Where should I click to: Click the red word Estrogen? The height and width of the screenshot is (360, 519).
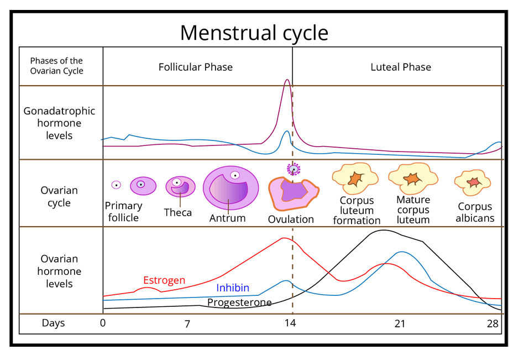pyautogui.click(x=164, y=280)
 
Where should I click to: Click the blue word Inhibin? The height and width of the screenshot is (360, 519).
pyautogui.click(x=233, y=288)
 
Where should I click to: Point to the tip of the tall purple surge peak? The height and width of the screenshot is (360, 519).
pyautogui.click(x=287, y=80)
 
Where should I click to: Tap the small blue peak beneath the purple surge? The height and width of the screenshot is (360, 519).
pyautogui.click(x=286, y=131)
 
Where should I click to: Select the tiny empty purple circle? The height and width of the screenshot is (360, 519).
pyautogui.click(x=116, y=185)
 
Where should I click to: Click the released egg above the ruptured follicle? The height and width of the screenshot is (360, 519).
pyautogui.click(x=293, y=169)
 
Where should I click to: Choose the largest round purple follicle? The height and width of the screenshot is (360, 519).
pyautogui.click(x=231, y=187)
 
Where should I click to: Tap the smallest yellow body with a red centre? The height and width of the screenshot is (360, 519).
pyautogui.click(x=473, y=182)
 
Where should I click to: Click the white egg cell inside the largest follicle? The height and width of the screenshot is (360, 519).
pyautogui.click(x=235, y=175)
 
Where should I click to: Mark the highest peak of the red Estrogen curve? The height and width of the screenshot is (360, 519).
pyautogui.click(x=284, y=238)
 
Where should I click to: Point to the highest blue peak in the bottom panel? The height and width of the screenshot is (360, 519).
pyautogui.click(x=402, y=252)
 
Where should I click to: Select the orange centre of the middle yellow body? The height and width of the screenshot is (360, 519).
pyautogui.click(x=412, y=179)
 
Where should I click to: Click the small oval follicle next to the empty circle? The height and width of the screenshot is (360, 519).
pyautogui.click(x=143, y=186)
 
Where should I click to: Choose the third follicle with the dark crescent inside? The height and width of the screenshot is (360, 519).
pyautogui.click(x=181, y=186)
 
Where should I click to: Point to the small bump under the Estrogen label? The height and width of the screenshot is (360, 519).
pyautogui.click(x=144, y=288)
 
